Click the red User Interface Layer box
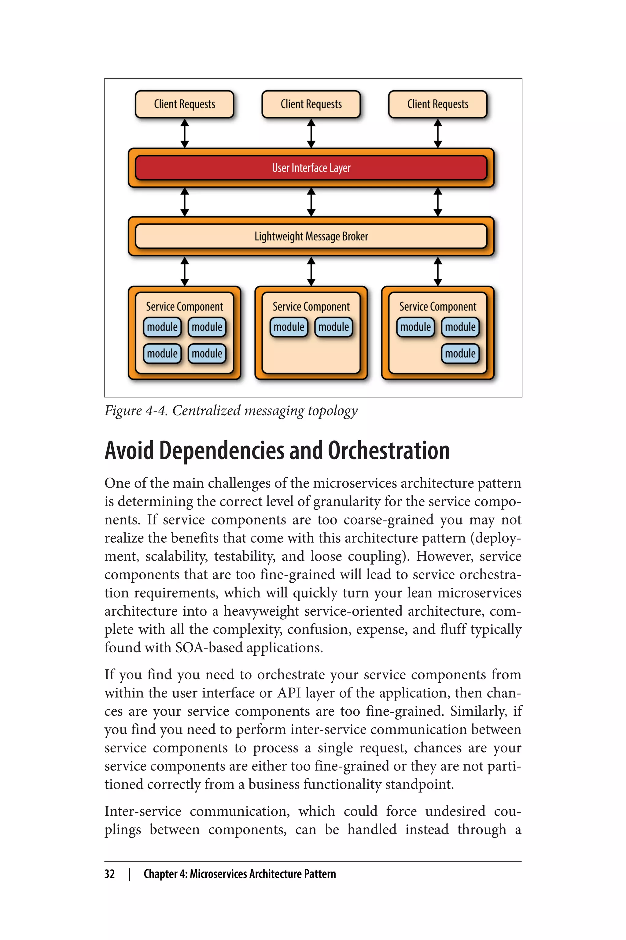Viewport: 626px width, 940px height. tap(311, 168)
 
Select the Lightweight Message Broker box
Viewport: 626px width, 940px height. tap(311, 236)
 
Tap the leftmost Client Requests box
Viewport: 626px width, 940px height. tap(184, 104)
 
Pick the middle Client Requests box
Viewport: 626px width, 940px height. tap(311, 104)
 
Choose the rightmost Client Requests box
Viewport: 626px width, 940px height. tap(438, 104)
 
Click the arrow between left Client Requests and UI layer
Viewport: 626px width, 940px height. tap(184, 133)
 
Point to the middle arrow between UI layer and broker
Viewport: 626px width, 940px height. tap(311, 202)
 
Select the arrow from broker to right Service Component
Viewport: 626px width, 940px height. tap(438, 271)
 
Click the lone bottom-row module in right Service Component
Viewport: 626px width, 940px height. tap(460, 354)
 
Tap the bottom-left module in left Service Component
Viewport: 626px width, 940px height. tap(162, 354)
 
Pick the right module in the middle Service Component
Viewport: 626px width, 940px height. tap(333, 327)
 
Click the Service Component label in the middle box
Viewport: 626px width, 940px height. tap(311, 307)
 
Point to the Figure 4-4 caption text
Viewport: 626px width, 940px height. tap(231, 411)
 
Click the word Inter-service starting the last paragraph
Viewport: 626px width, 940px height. tap(143, 811)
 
